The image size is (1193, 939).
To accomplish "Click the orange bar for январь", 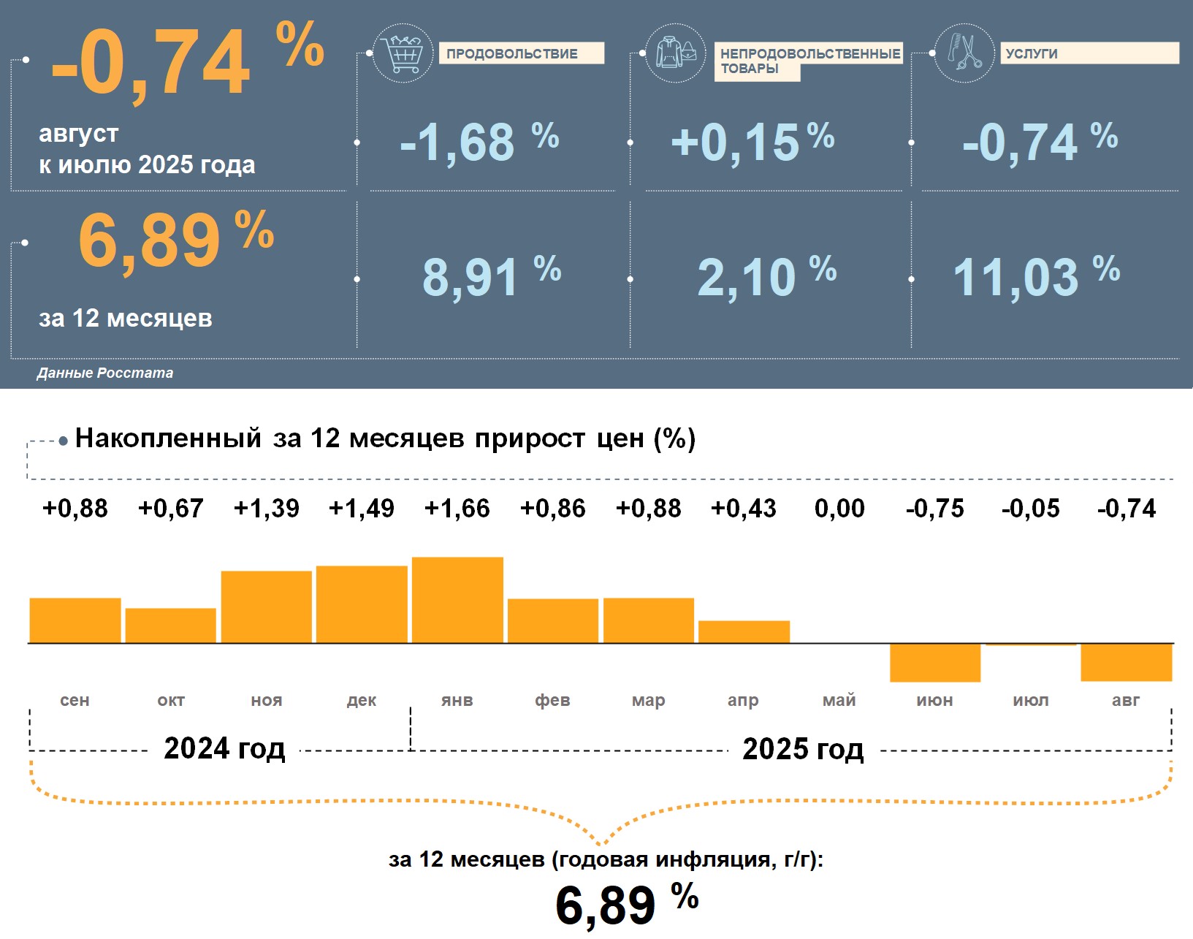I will pyautogui.click(x=457, y=600).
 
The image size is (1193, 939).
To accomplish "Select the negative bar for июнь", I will pyautogui.click(x=934, y=662).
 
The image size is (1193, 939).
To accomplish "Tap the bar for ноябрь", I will pyautogui.click(x=266, y=607).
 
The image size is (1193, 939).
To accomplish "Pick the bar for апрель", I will pyautogui.click(x=744, y=631).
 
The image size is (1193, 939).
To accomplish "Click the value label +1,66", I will pyautogui.click(x=457, y=509).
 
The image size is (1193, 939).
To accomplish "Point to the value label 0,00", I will pyautogui.click(x=839, y=509).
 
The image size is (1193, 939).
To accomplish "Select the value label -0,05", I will pyautogui.click(x=1030, y=509).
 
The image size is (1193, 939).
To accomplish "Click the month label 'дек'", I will pyautogui.click(x=362, y=700).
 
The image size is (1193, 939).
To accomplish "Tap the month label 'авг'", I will pyautogui.click(x=1126, y=700).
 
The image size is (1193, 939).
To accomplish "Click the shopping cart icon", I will pyautogui.click(x=403, y=53).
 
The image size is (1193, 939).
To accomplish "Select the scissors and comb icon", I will pyautogui.click(x=964, y=53).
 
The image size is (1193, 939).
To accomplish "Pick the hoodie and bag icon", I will pyautogui.click(x=676, y=53).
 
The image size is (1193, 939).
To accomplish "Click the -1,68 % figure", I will pyautogui.click(x=479, y=141).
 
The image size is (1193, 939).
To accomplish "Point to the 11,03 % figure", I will pyautogui.click(x=1036, y=276).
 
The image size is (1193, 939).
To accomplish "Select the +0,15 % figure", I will pyautogui.click(x=752, y=141).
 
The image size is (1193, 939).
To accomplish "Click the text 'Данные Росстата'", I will pyautogui.click(x=105, y=373).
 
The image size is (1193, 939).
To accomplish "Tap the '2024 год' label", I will pyautogui.click(x=224, y=748).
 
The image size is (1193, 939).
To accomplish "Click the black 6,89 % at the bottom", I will pyautogui.click(x=626, y=905).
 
